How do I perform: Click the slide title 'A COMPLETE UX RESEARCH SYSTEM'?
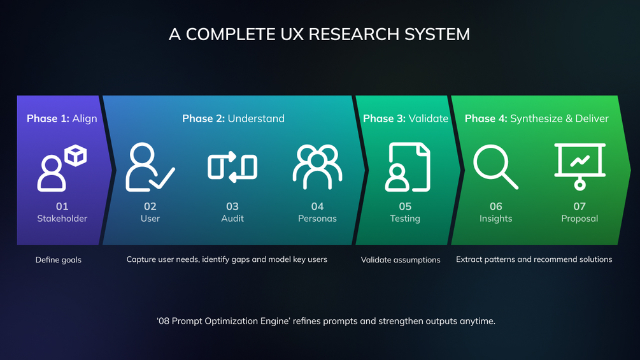coord(319,34)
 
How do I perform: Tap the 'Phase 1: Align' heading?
coord(62,119)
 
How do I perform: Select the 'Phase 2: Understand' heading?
coord(233,119)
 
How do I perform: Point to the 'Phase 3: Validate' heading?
coord(405,119)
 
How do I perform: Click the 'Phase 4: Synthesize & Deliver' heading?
coord(536,119)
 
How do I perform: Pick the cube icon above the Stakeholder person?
coord(76,155)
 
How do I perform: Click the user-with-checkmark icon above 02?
coord(150,167)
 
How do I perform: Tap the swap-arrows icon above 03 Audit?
coord(232,167)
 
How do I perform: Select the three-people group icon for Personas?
coord(317,167)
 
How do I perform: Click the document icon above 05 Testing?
coord(408,167)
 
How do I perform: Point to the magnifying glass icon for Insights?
coord(495,167)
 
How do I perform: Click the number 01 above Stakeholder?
coord(62,206)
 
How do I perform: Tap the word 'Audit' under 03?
coord(232,219)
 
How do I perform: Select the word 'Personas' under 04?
coord(317,219)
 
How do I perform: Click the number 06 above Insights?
coord(496,206)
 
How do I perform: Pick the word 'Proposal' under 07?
coord(580,219)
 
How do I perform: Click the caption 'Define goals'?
coord(59,260)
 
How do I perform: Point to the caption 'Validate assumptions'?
coord(401,260)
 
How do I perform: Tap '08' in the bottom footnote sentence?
coord(164,321)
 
